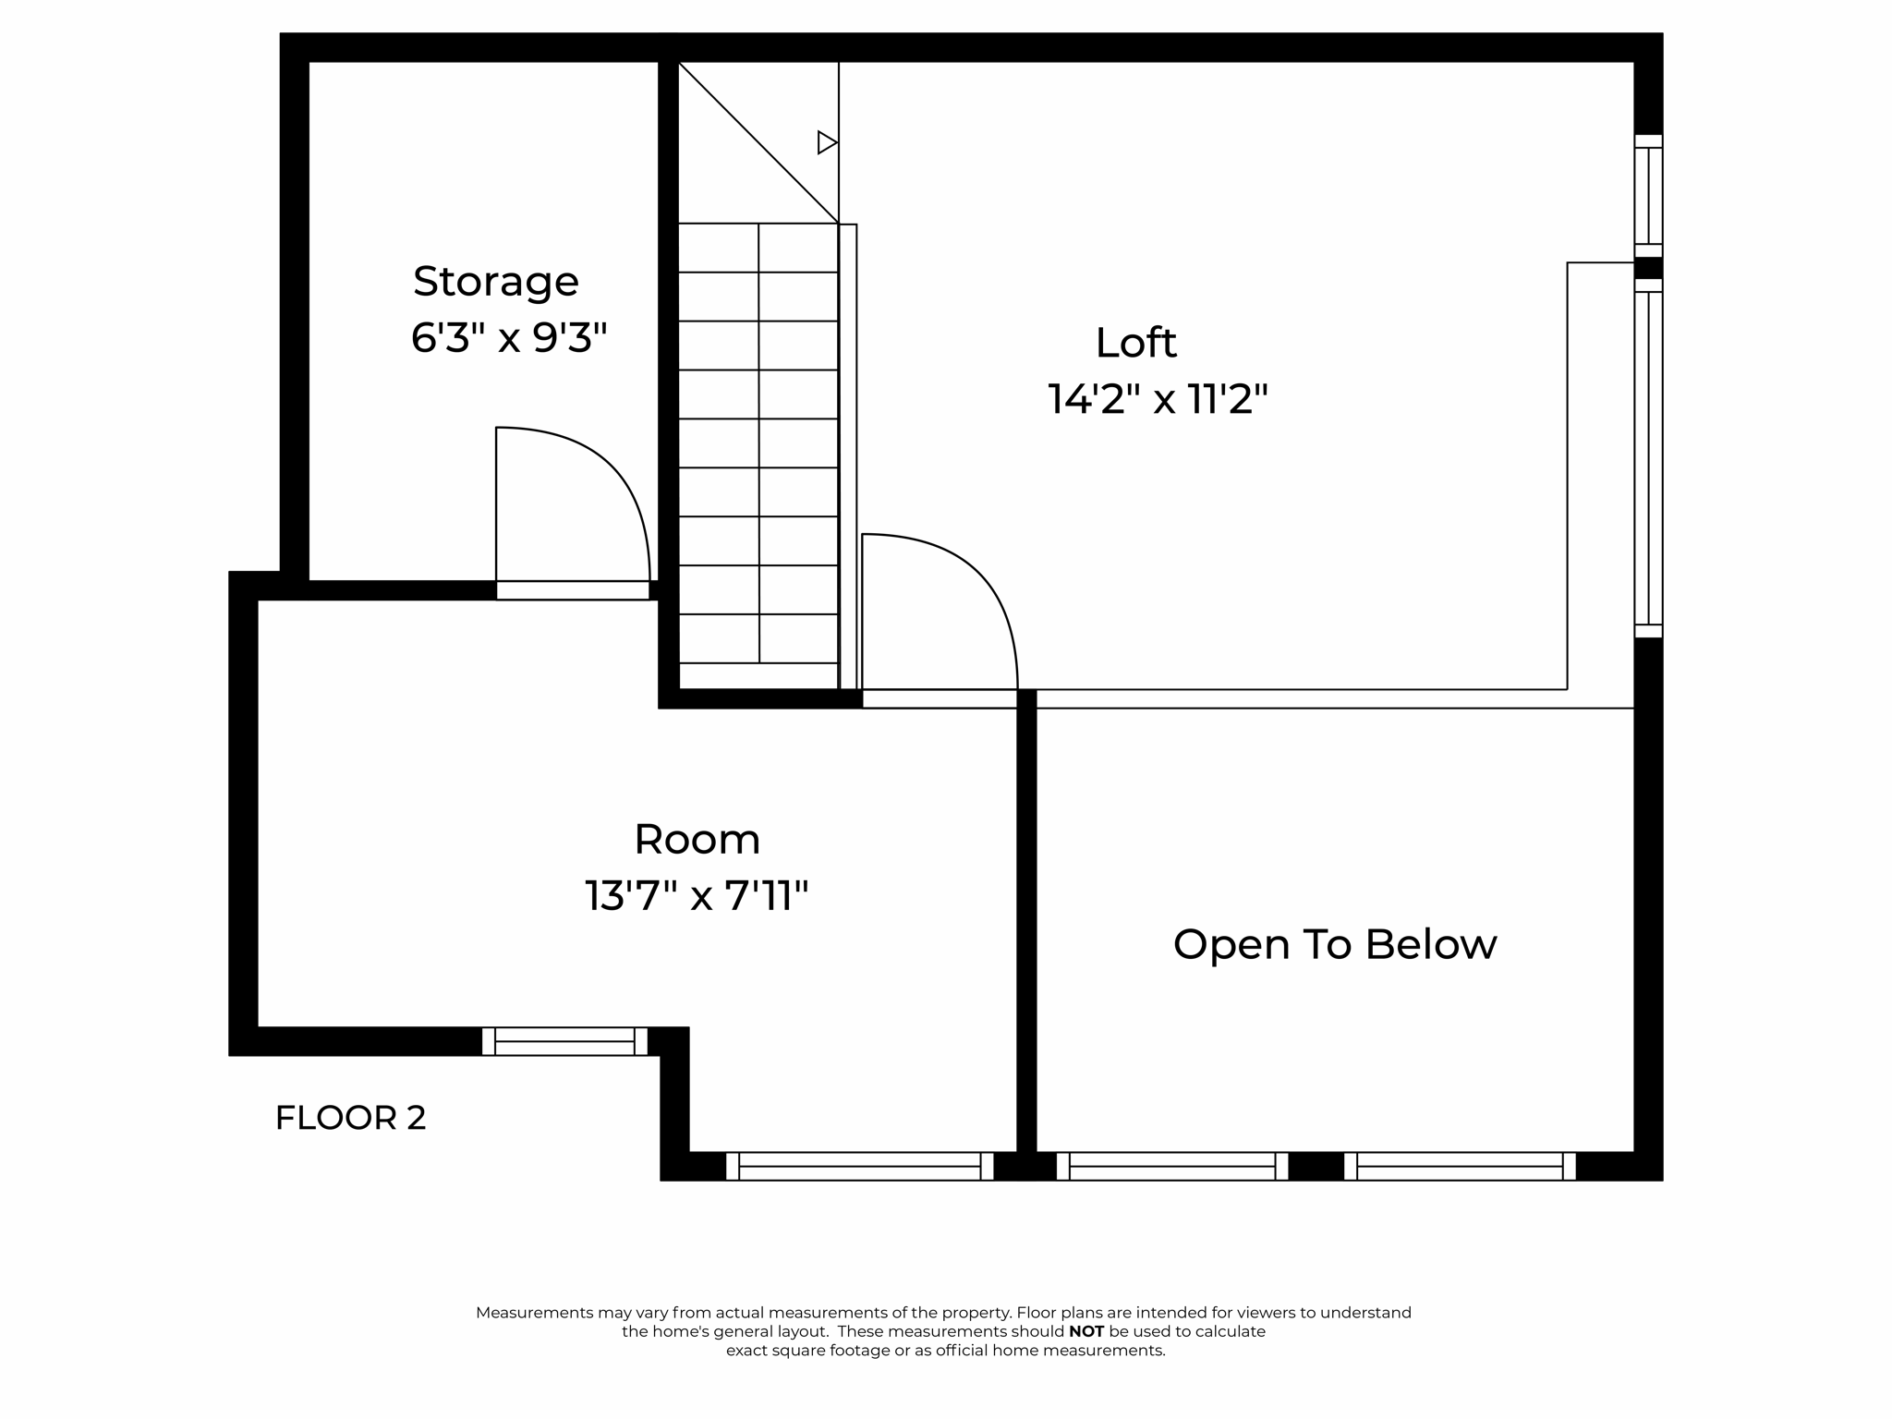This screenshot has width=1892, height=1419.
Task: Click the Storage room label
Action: click(x=495, y=281)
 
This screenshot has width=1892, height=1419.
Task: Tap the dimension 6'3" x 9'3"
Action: click(x=508, y=338)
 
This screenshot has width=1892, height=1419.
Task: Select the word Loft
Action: click(x=1135, y=344)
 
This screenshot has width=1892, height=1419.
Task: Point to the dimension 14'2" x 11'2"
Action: click(x=1157, y=400)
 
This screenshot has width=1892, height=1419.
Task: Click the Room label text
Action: click(x=697, y=840)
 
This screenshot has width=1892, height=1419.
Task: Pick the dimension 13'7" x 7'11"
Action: click(x=697, y=896)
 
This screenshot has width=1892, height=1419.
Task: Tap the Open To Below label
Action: click(x=1334, y=944)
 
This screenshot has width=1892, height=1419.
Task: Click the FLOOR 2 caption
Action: click(x=350, y=1118)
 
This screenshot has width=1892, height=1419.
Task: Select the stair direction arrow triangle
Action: click(x=827, y=143)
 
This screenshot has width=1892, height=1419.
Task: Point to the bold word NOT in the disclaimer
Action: click(x=1086, y=1331)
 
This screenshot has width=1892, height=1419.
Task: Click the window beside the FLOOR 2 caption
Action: click(x=564, y=1041)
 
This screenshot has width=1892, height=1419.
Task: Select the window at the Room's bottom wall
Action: click(x=859, y=1166)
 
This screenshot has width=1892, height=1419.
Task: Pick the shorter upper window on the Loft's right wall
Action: click(x=1648, y=196)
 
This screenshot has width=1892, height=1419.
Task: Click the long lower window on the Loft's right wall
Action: click(x=1648, y=458)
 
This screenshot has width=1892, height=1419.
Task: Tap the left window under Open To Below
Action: click(x=1171, y=1166)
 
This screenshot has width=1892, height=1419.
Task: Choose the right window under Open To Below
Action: click(x=1460, y=1166)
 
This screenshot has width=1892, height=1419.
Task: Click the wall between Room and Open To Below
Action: click(x=1026, y=924)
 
